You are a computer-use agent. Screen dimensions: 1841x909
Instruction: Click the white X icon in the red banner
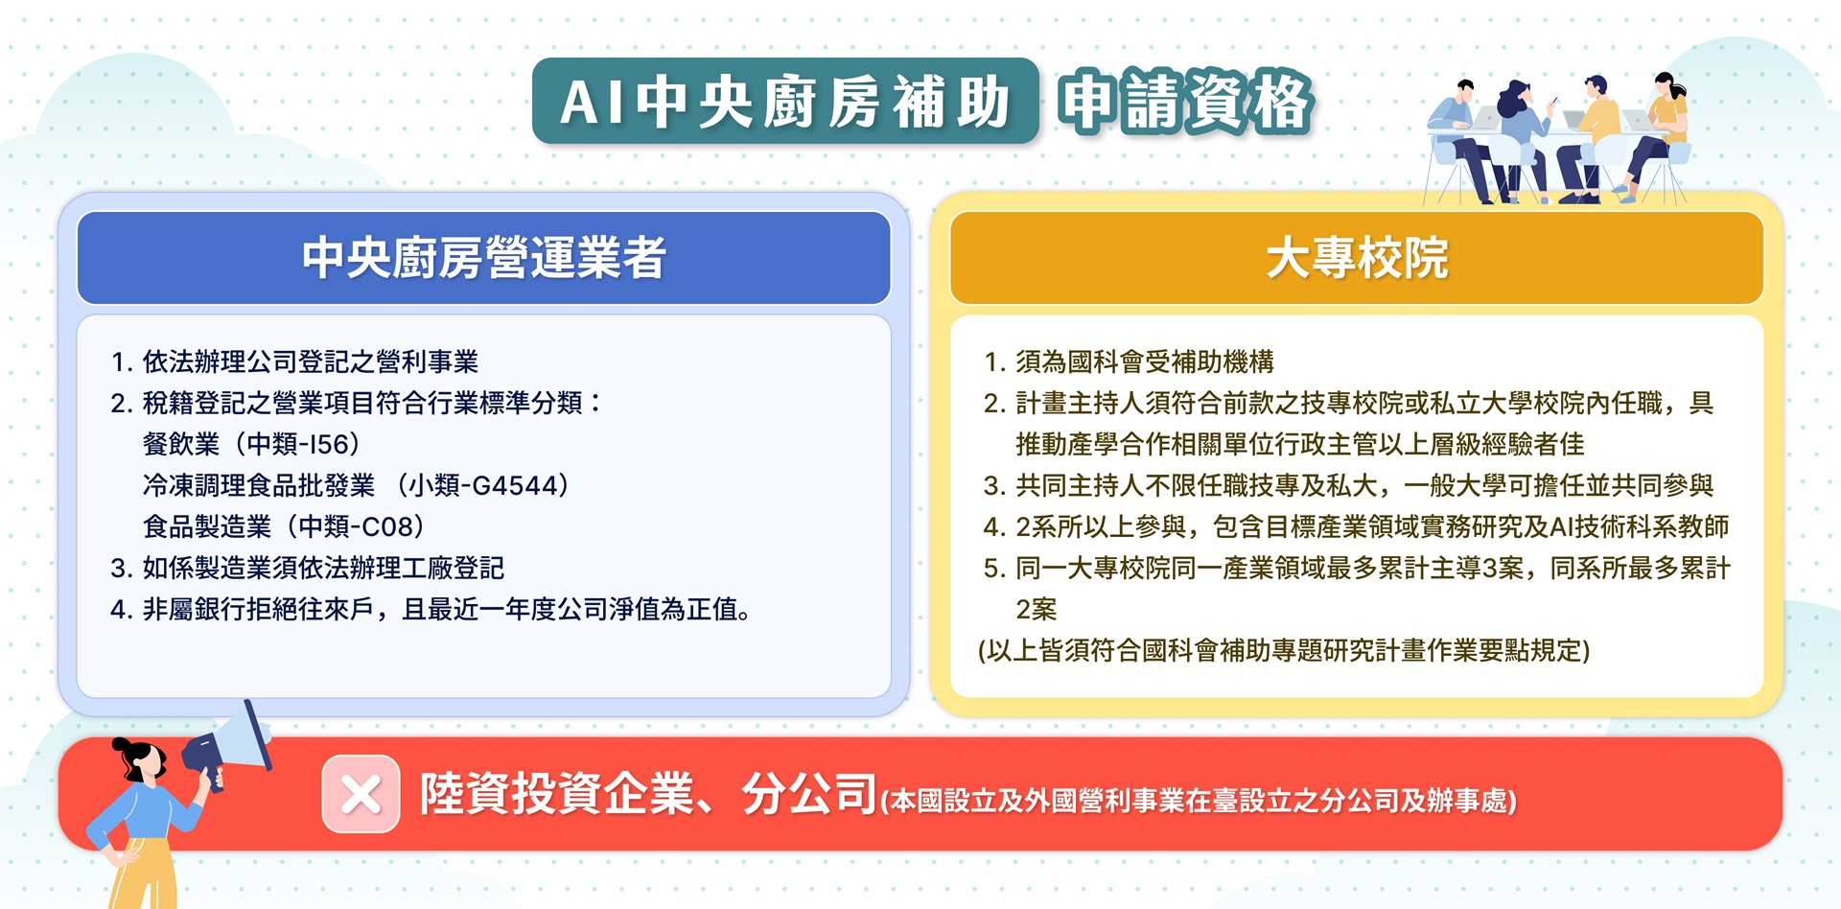click(x=361, y=794)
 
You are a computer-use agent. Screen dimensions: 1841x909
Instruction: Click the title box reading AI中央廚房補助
click(x=785, y=102)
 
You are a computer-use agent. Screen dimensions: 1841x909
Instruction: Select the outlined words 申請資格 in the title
click(x=1185, y=102)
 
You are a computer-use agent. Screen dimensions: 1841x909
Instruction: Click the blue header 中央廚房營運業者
click(x=483, y=258)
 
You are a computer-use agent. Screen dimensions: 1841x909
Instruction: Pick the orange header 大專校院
click(x=1356, y=258)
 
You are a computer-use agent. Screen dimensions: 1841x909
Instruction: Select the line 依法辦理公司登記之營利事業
click(x=311, y=361)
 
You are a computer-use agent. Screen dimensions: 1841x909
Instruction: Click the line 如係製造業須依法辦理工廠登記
click(x=323, y=568)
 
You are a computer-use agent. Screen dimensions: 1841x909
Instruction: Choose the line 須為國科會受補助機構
click(x=1145, y=361)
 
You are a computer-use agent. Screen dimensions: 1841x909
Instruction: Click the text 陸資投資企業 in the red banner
click(x=556, y=794)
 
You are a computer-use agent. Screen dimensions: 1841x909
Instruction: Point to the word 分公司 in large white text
click(x=809, y=794)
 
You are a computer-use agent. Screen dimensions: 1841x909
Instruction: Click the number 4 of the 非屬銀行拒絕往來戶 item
click(x=118, y=610)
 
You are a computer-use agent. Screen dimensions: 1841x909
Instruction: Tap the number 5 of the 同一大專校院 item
click(x=991, y=569)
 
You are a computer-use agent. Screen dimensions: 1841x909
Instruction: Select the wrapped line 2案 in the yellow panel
click(x=1036, y=609)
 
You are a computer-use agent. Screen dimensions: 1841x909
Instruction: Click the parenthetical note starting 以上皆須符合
click(x=1284, y=651)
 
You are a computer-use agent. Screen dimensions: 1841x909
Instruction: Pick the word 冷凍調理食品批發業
click(x=259, y=485)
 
